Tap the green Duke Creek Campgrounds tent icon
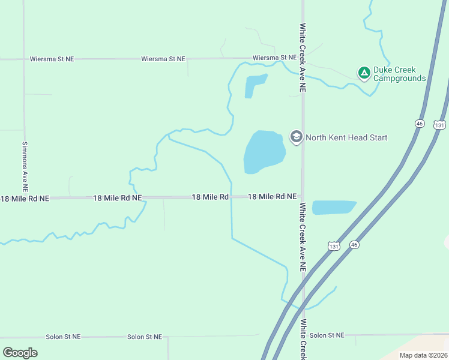tap(364, 73)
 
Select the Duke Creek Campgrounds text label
tap(399, 74)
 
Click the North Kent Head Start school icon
tap(296, 137)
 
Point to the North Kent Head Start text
tap(346, 137)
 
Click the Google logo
tap(20, 353)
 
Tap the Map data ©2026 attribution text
tap(424, 355)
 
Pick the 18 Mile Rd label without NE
tap(210, 197)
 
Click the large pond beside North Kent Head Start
tap(264, 152)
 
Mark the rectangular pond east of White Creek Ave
tap(334, 208)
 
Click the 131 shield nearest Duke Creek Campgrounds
tap(441, 125)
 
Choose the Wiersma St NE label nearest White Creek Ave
tap(274, 58)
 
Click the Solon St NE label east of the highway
tap(327, 335)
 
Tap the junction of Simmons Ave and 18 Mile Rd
tap(25, 197)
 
